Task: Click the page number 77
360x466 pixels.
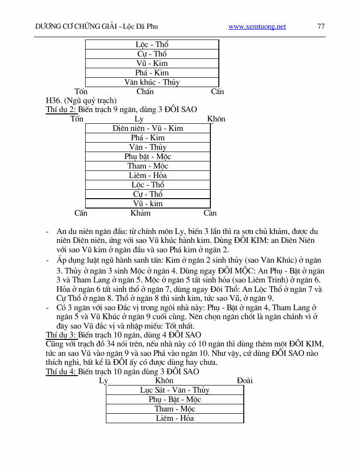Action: coord(321,27)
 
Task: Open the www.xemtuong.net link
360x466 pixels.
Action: coord(257,27)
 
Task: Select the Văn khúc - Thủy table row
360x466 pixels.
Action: coord(152,82)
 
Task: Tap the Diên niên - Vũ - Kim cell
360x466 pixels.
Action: coord(148,128)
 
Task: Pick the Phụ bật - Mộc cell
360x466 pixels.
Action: coord(148,156)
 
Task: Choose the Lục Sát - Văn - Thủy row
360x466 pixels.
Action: coord(175,390)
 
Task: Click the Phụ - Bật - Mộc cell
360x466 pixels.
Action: coord(175,399)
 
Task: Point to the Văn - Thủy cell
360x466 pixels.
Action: coord(148,147)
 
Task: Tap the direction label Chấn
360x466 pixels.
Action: coord(145,91)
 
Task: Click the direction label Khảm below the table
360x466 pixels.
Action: coord(140,213)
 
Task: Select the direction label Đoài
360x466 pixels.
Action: coord(245,380)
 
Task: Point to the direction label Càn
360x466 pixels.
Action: coord(210,213)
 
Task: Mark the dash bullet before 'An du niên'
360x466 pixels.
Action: coord(47,232)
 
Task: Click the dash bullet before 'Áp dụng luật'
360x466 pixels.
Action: coord(47,260)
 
